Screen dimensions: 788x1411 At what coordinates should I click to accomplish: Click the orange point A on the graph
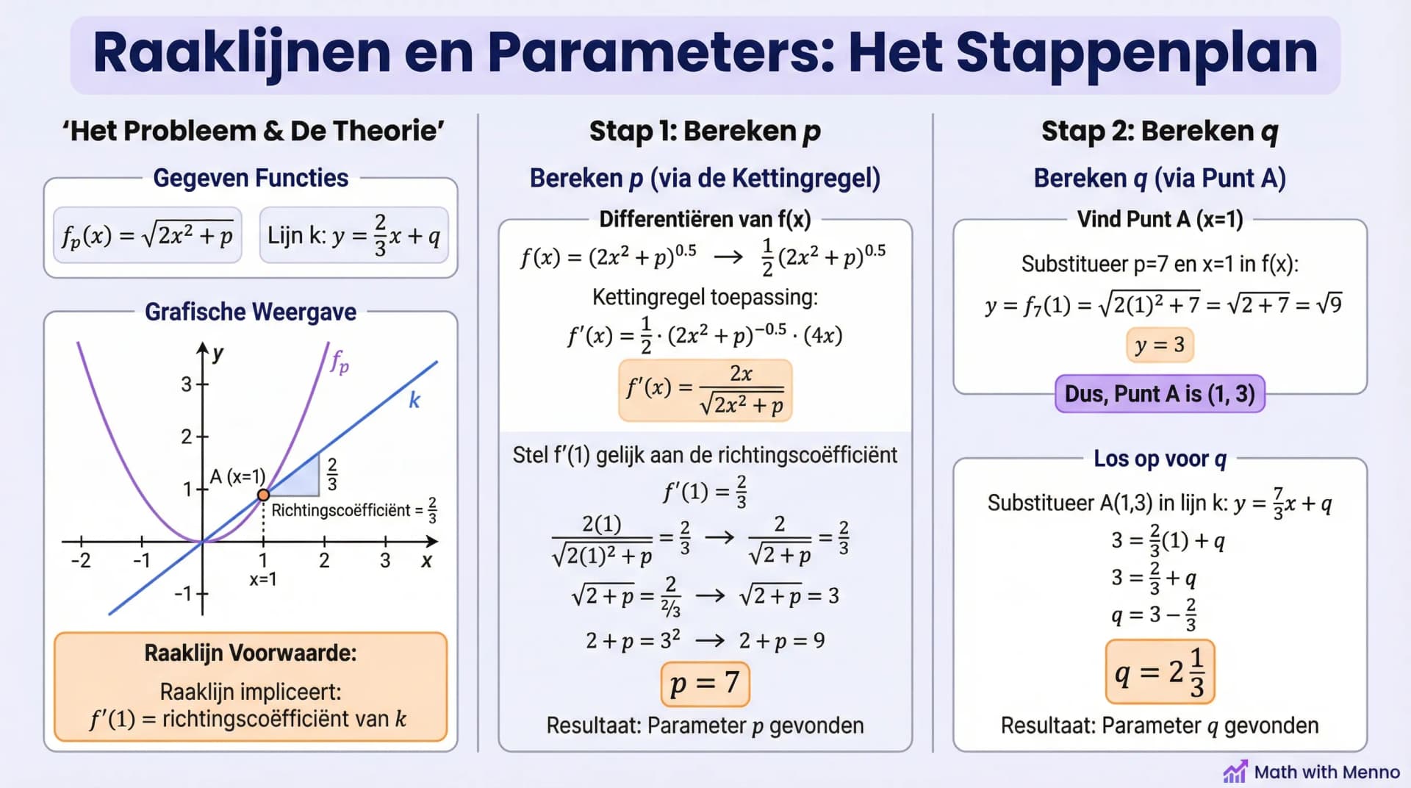tap(263, 495)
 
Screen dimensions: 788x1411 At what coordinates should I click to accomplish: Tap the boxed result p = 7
tap(705, 683)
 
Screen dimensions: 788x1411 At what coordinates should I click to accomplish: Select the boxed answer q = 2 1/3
tap(1160, 672)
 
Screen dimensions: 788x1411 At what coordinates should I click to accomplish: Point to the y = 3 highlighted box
tap(1160, 345)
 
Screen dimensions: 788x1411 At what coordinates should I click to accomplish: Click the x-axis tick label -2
tap(81, 561)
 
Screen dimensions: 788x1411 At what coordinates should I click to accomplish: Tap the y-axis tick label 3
tap(187, 384)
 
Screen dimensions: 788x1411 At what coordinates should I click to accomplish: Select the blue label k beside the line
tap(414, 401)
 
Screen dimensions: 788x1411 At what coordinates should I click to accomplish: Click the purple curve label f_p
tap(340, 362)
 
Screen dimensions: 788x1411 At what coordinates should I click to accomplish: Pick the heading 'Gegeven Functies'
tap(251, 178)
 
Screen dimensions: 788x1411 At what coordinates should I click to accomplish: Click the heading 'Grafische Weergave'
tap(251, 312)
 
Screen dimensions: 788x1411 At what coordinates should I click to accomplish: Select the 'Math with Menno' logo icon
tap(1235, 772)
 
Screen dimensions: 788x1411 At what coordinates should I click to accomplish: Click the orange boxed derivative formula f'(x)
tap(705, 390)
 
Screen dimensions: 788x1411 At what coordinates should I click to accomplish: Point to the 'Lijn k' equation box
tap(353, 235)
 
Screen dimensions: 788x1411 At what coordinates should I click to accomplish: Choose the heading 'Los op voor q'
tap(1160, 459)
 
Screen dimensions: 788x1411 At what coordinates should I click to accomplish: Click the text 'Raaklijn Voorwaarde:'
tap(251, 653)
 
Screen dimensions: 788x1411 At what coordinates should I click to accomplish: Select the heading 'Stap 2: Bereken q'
tap(1160, 131)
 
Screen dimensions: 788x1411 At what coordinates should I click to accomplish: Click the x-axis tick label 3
tap(385, 561)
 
